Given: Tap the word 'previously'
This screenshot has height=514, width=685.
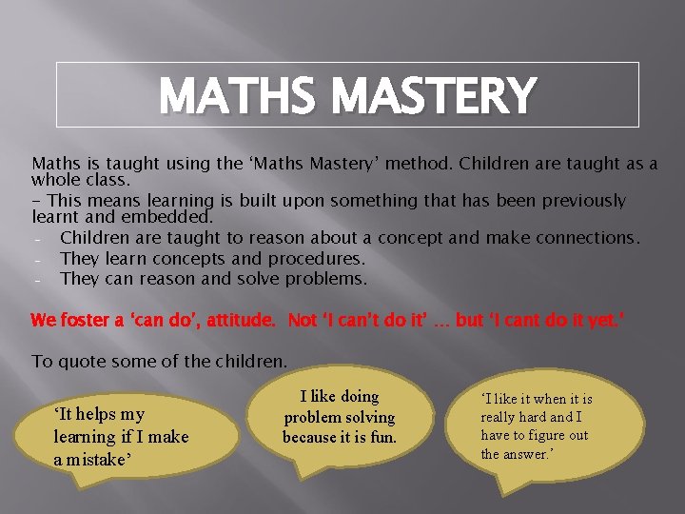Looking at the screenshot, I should click(578, 201).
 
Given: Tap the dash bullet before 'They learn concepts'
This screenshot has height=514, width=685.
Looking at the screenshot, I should click(36, 259).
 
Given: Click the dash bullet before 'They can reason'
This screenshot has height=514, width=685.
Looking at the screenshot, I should click(36, 280).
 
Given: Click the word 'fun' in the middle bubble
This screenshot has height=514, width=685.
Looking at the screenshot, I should click(380, 438).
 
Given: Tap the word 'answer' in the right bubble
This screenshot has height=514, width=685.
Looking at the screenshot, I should click(530, 453).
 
